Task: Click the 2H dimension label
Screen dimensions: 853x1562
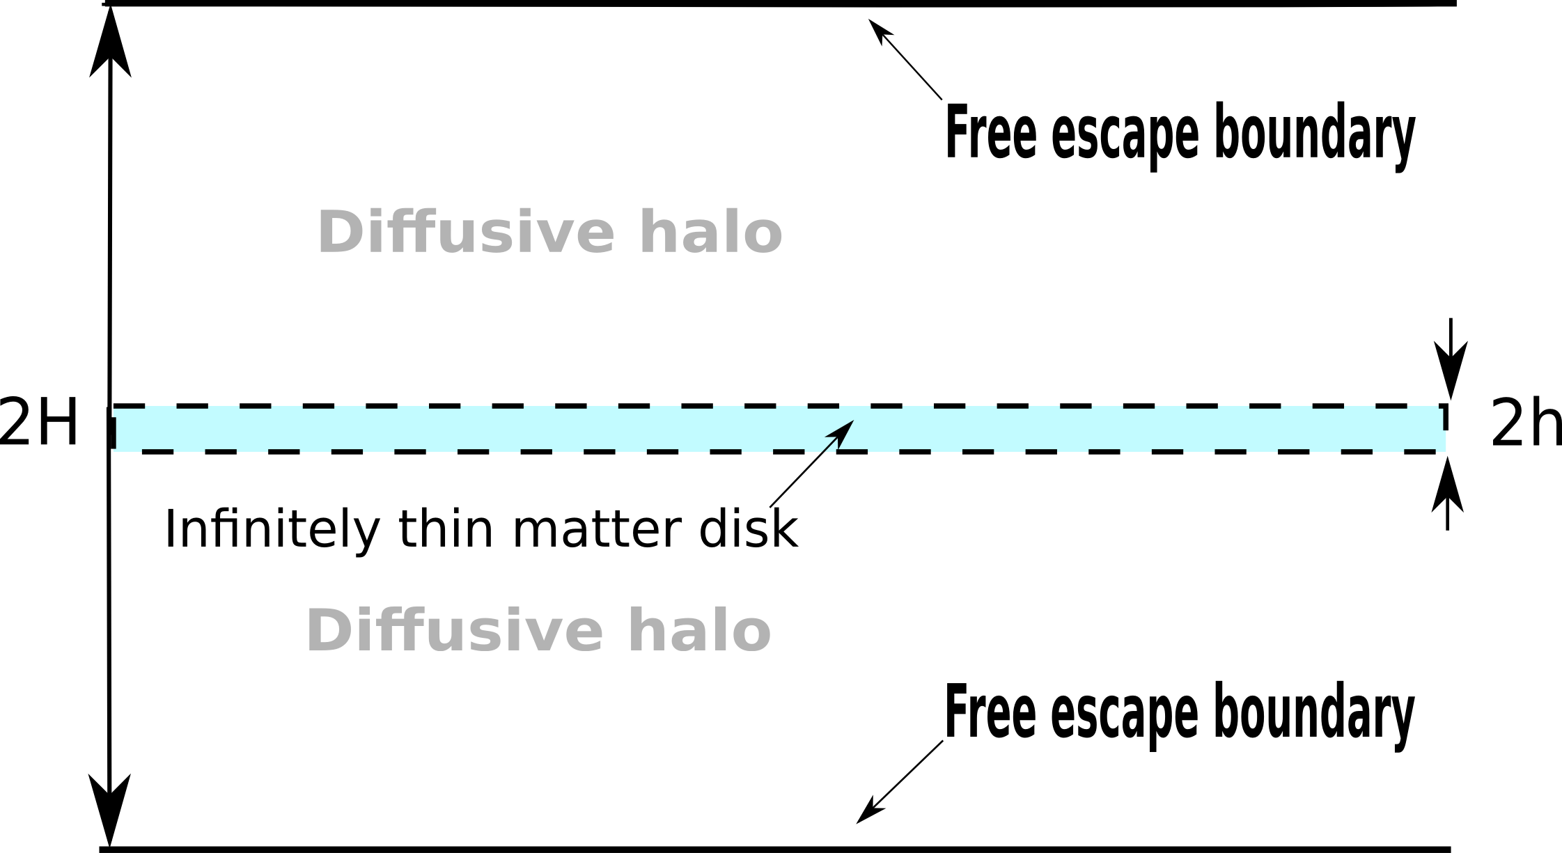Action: point(39,422)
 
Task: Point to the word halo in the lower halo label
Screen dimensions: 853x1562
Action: point(699,630)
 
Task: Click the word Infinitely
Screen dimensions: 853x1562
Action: point(272,530)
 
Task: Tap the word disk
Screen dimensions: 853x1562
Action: point(749,530)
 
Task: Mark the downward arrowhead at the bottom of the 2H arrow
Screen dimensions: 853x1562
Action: point(110,808)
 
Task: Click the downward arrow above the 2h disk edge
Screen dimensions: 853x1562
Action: point(1449,359)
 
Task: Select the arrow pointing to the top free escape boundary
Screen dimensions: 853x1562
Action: point(904,58)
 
